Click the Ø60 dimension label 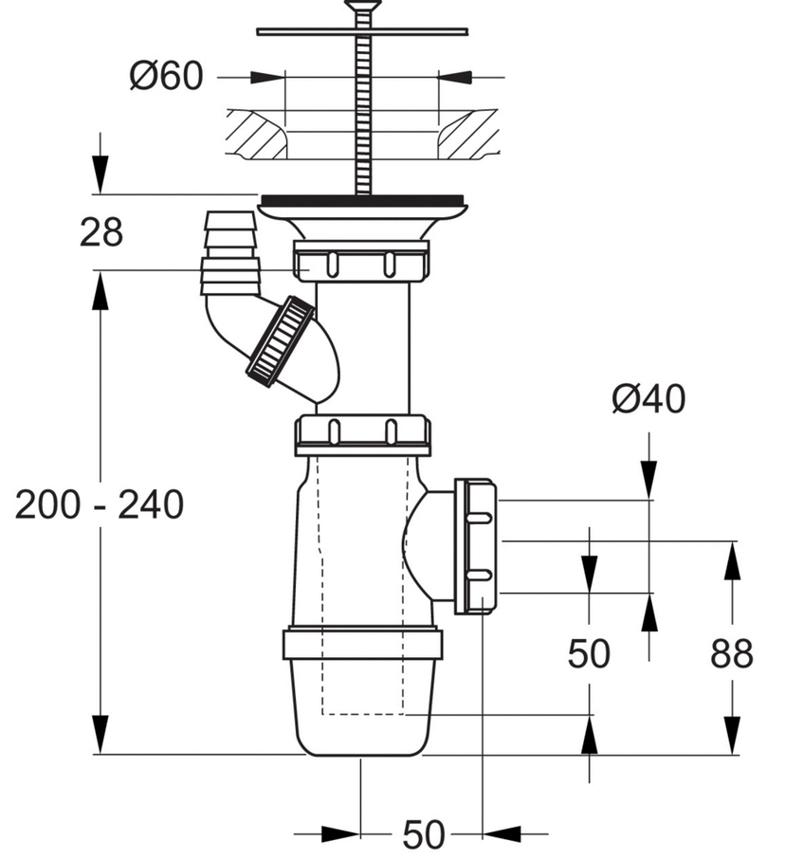click(166, 77)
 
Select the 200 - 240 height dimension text click(100, 505)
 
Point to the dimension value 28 click(100, 231)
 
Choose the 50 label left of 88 click(589, 654)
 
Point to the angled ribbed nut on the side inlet click(280, 340)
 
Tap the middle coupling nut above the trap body click(362, 433)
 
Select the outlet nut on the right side click(476, 546)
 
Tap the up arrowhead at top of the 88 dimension click(732, 561)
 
